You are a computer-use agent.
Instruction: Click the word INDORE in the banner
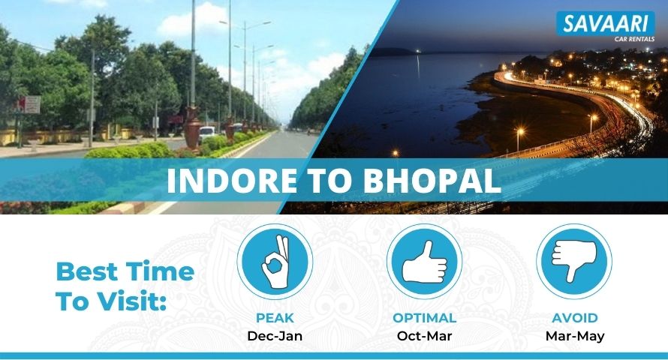point(232,181)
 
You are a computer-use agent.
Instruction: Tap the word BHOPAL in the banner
point(432,181)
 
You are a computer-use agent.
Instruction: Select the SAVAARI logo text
point(606,24)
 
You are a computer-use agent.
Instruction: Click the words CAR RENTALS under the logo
point(634,39)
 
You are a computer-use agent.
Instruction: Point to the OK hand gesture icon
point(275,261)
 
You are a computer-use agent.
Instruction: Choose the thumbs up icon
point(424,262)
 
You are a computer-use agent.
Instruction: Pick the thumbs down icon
point(574,261)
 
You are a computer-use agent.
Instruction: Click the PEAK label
point(275,318)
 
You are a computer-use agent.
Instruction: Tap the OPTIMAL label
point(424,318)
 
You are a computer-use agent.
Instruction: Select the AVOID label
point(575,318)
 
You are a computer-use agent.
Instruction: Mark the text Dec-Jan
point(275,336)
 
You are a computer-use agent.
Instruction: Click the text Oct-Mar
point(424,336)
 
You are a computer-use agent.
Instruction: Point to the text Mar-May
point(575,336)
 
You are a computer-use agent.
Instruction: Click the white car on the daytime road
point(207,133)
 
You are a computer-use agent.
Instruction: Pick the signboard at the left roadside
point(30,104)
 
